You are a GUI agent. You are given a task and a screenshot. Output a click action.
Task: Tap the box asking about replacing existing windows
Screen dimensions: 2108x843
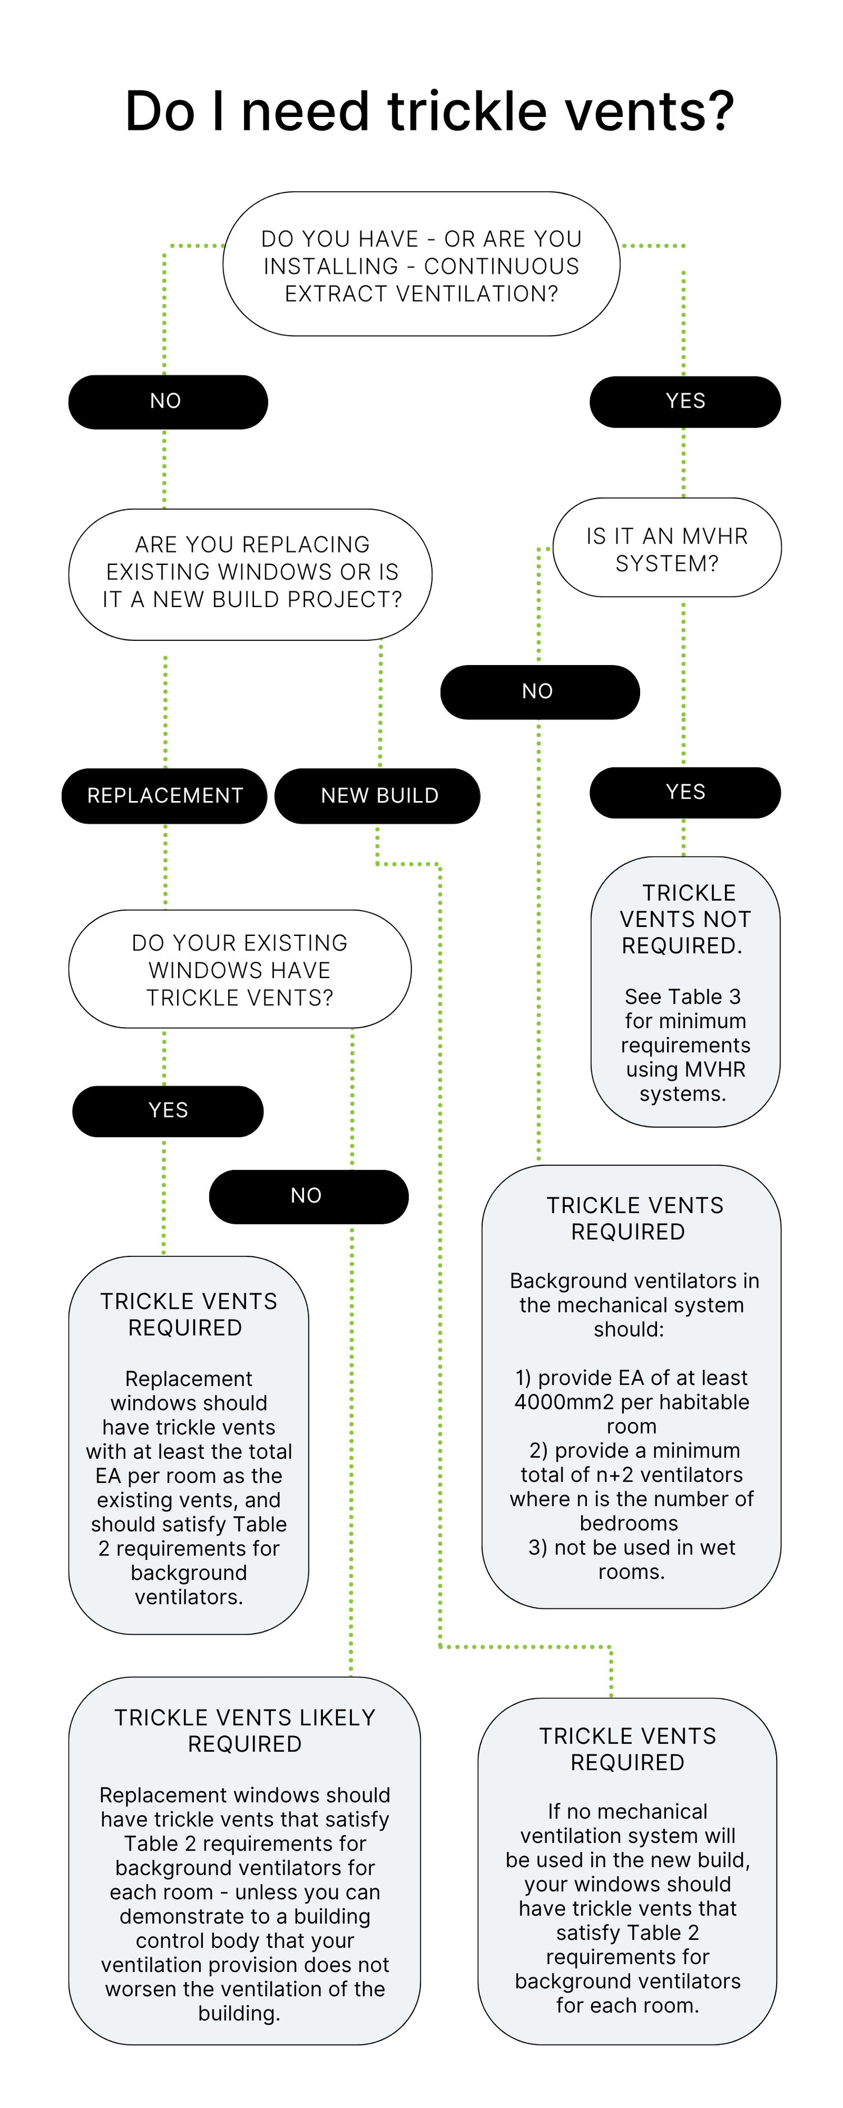pos(251,572)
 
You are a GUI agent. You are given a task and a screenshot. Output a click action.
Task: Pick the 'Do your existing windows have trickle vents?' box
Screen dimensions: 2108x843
pos(240,970)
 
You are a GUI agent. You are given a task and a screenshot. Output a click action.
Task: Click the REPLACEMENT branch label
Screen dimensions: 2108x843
pos(165,795)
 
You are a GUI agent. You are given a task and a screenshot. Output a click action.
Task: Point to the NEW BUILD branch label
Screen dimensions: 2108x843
pos(380,795)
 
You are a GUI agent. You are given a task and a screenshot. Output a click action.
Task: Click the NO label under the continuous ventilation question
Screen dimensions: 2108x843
pos(165,401)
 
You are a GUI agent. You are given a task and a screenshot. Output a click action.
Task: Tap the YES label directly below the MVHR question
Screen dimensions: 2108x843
pos(685,792)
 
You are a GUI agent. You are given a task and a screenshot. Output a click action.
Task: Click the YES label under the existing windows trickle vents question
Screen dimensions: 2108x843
pos(168,1110)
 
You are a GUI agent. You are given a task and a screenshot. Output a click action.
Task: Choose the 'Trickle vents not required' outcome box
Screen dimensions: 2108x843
pos(685,992)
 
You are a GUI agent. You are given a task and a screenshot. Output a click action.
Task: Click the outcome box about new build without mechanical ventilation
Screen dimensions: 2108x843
pos(627,1870)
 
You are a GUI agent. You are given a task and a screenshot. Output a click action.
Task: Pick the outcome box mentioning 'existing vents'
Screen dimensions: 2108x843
pos(188,1446)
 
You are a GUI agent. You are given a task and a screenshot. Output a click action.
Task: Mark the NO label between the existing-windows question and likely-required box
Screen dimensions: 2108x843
pos(306,1196)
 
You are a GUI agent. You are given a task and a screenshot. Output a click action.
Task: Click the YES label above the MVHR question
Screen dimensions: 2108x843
pos(685,401)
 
